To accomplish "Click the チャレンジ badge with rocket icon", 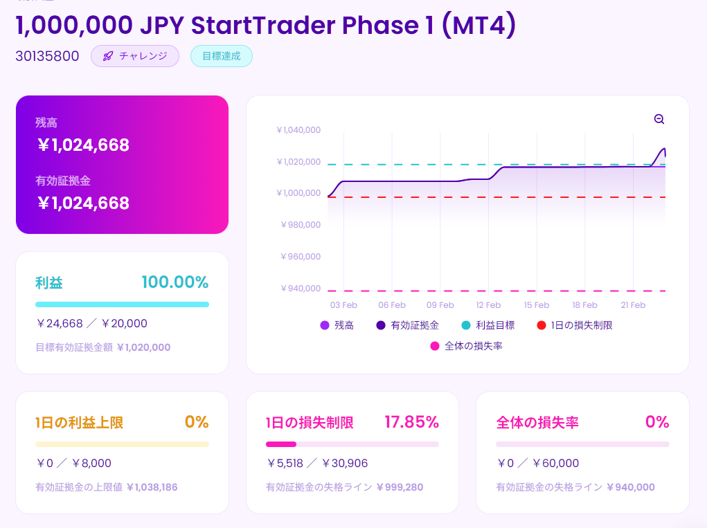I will (x=135, y=56).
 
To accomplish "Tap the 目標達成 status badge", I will (x=222, y=56).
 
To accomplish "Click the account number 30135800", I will (x=47, y=56).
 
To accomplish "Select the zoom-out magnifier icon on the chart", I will (x=659, y=119).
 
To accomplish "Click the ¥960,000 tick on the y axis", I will (x=300, y=256).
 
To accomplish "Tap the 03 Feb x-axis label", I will (x=343, y=305).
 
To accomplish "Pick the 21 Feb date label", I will (x=633, y=305).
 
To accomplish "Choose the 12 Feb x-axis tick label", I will (x=488, y=305).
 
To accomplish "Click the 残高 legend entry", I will (x=337, y=325).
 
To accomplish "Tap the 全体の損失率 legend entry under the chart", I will (x=467, y=346).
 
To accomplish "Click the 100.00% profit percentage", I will (x=174, y=282).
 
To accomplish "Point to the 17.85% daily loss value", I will (x=411, y=422).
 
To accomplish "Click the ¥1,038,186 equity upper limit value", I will (x=152, y=487).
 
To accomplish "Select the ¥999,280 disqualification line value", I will (x=400, y=487).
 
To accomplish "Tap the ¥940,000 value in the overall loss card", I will (x=630, y=487).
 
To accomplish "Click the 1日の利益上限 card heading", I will (x=79, y=423).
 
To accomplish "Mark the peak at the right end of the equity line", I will (x=664, y=149).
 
